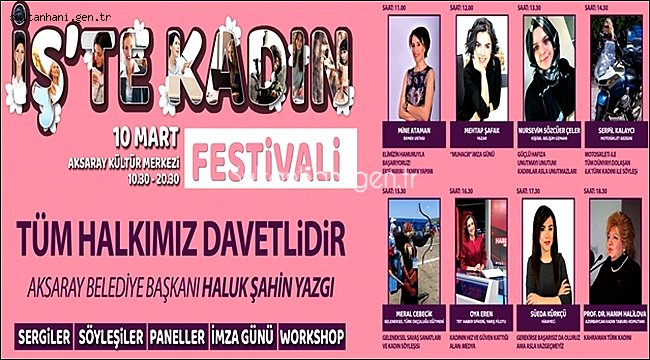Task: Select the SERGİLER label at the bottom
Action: tap(43, 333)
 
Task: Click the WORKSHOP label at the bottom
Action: tap(313, 333)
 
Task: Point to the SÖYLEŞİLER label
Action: tap(107, 333)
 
